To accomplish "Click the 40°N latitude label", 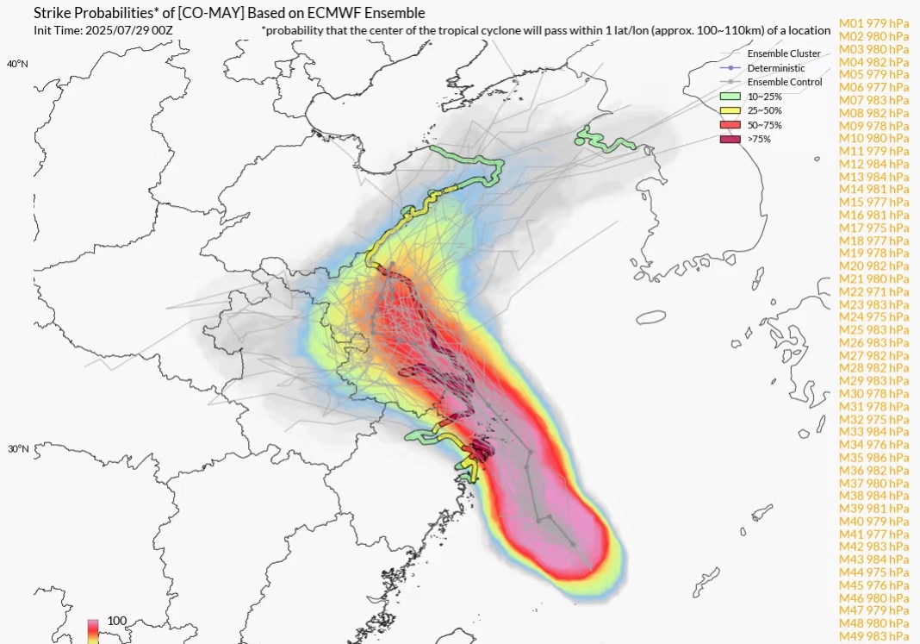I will pos(17,65).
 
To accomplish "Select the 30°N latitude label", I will pos(17,449).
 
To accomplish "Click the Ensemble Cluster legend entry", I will pos(784,53).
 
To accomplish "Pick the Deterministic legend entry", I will pos(776,68).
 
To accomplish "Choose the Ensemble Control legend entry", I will pos(785,82).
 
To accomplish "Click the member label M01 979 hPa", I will pos(874,24).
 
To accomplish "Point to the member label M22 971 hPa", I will pos(874,291).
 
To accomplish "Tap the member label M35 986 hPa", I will pos(874,457).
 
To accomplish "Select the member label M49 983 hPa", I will pos(874,635).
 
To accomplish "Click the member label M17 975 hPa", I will pos(874,228).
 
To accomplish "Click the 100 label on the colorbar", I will pos(117,621).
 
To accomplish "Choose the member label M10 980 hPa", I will pos(874,138).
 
